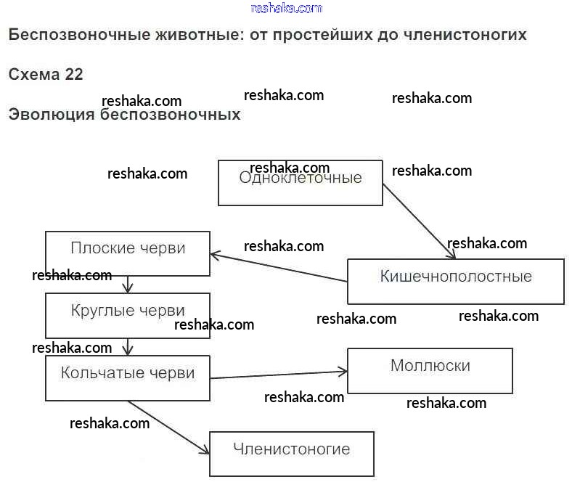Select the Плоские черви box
click(128, 253)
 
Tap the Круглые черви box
click(128, 316)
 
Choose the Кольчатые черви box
click(128, 378)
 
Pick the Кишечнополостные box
click(455, 281)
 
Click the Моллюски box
click(430, 370)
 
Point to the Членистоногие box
click(291, 454)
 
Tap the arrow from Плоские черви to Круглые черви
click(128, 284)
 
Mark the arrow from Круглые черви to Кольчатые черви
click(128, 346)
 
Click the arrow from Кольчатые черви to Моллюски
click(279, 375)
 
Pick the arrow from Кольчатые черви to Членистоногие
click(168, 428)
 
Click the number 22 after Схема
click(74, 75)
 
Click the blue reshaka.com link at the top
click(286, 8)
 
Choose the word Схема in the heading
click(33, 75)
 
